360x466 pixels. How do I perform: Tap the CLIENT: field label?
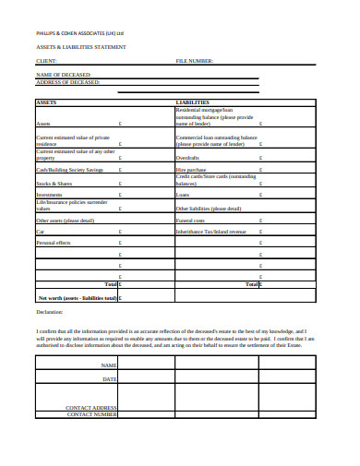[x=45, y=61]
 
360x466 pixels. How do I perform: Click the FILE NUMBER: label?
[x=195, y=61]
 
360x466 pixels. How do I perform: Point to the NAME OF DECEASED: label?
[x=64, y=74]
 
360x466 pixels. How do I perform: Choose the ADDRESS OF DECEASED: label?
[x=67, y=81]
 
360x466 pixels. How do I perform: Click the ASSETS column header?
[x=46, y=102]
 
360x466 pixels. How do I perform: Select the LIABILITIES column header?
[x=192, y=102]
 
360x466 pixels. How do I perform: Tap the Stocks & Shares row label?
[x=54, y=183]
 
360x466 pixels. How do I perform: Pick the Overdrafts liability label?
[x=188, y=158]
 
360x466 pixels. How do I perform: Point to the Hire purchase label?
[x=191, y=170]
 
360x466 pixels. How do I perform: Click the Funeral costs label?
[x=191, y=221]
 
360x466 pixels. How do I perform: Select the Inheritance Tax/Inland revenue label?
[x=210, y=231]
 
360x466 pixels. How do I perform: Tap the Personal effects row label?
[x=54, y=242]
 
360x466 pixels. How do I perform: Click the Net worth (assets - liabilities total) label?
[x=78, y=298]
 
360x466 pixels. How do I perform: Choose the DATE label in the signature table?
[x=110, y=379]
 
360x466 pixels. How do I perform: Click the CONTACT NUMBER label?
[x=92, y=414]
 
